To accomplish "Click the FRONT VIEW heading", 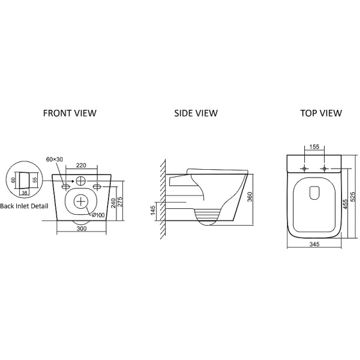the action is pos(70,113).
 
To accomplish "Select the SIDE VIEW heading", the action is pos(196,113).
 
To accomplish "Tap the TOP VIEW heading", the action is pos(321,113).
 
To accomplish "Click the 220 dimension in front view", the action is pos(81,165).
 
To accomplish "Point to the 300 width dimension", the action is pos(82,229).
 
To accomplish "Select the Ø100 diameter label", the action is pos(98,215).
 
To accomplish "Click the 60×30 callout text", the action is pos(55,159).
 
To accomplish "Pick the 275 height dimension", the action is pos(121,202).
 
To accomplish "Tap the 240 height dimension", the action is pos(113,203).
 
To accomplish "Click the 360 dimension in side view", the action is pos(250,197).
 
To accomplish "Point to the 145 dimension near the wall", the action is pos(153,211).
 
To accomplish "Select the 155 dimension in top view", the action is pos(314,146).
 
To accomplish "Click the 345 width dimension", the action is pos(314,244).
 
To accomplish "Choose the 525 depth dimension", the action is pos(353,197).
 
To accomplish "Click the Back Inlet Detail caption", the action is pos(24,206).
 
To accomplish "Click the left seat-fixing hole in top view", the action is pos(304,169).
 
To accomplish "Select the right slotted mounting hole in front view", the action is pos(97,187).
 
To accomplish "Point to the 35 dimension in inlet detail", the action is pos(25,193).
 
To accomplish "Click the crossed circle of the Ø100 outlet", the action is pos(81,202).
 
